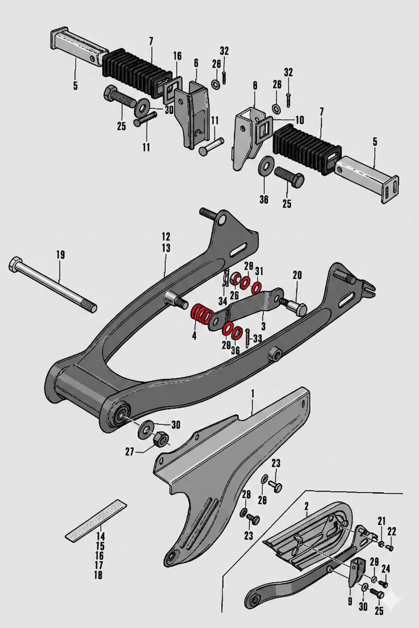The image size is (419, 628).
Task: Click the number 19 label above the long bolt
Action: pos(60,255)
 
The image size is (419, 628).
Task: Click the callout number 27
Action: pos(130,452)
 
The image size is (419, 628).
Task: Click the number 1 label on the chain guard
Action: pos(252,394)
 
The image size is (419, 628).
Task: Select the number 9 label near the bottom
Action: pos(350,601)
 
